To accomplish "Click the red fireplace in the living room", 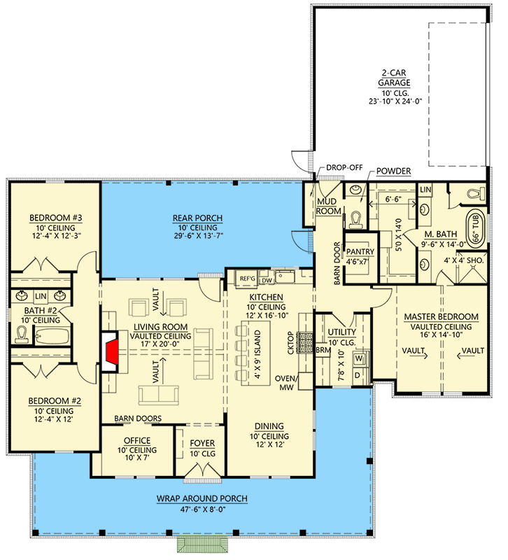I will pos(110,352).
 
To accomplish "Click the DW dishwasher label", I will pos(266,281).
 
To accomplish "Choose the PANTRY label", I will pos(360,252).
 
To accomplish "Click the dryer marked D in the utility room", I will pos(359,376).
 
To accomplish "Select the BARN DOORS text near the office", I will pos(139,419).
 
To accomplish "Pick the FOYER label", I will pos(202,443).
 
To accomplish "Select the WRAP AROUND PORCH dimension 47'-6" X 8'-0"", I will pos(203,510).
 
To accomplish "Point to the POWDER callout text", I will pos(393,171).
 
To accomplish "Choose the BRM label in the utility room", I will pos(323,349).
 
